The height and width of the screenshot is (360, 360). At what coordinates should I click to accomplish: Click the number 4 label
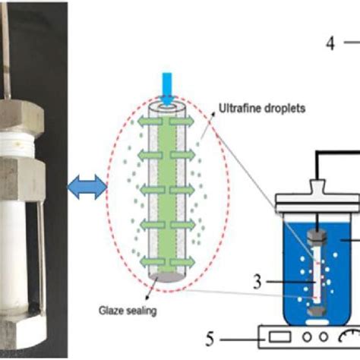coord(330,43)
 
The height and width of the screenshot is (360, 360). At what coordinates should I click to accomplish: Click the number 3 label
coord(257,282)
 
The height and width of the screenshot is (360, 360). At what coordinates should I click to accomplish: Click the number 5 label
coord(210,339)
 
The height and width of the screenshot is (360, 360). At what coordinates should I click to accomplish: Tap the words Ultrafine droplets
coord(262,109)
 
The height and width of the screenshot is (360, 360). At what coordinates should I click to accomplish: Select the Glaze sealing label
coord(128,311)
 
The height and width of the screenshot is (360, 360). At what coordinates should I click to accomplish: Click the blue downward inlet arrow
coord(167,89)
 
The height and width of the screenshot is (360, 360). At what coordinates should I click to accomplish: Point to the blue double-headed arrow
coord(87,187)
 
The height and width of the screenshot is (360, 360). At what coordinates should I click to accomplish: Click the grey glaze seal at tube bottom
coord(167,277)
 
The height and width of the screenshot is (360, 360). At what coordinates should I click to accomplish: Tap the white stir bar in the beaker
coord(317,322)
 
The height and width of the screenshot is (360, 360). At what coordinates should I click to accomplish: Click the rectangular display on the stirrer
coord(279,337)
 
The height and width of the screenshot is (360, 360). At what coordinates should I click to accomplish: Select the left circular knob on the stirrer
coord(307,336)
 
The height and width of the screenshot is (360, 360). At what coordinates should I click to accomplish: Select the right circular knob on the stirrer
coord(323,336)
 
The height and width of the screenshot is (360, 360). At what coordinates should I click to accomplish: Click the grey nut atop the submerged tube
coord(317,237)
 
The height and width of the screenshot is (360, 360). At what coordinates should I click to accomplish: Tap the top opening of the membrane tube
coord(167,108)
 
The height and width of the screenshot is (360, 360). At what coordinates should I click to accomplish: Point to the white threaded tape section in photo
coord(17,144)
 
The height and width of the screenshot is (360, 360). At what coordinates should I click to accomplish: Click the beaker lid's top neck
coord(317,187)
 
